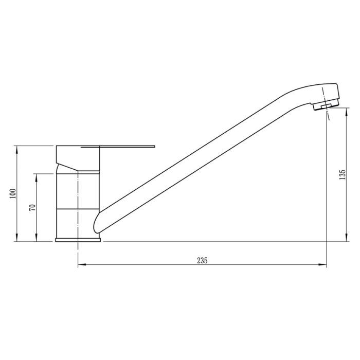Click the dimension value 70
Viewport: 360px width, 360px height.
pyautogui.click(x=32, y=207)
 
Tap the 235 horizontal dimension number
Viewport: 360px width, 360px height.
pyautogui.click(x=202, y=261)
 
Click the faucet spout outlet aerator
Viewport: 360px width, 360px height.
pyautogui.click(x=324, y=106)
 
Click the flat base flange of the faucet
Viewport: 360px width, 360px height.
pyautogui.click(x=78, y=239)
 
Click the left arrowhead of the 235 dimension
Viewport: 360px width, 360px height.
pyautogui.click(x=81, y=265)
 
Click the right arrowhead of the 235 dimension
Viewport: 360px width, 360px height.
pyautogui.click(x=324, y=265)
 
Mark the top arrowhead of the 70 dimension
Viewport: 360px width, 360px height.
pyautogui.click(x=36, y=176)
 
